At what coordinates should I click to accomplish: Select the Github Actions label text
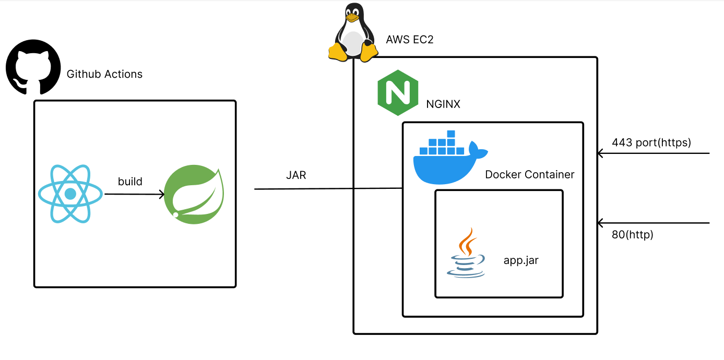coord(104,74)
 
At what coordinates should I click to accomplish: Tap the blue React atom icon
coord(71,194)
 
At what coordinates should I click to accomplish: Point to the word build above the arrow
coord(130,182)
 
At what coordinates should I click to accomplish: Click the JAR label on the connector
coord(296,175)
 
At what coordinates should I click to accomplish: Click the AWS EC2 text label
coord(410,40)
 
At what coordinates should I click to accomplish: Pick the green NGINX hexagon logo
coord(398,92)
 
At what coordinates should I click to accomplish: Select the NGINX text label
coord(443,104)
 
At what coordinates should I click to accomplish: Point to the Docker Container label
coord(529,174)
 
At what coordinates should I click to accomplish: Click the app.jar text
coord(520,260)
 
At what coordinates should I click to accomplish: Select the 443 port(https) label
coord(651,142)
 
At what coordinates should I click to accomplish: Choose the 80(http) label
coord(632,235)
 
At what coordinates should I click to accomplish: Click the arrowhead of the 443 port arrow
coord(601,153)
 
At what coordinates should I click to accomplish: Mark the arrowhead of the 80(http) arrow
coord(601,223)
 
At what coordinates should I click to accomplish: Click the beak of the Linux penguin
coord(353,18)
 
